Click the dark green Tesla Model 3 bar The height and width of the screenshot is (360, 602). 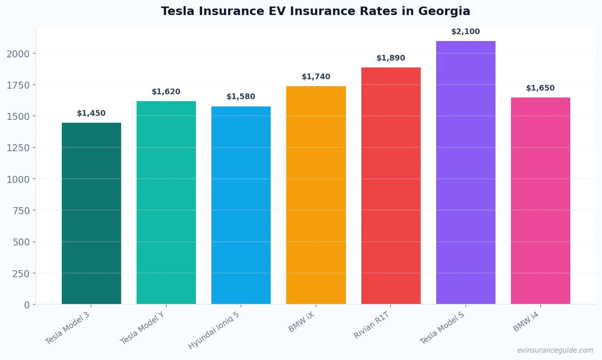click(91, 213)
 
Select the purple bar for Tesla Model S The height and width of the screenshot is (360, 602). click(465, 173)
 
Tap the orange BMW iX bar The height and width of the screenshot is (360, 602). click(316, 195)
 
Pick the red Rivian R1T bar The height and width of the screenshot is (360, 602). click(391, 186)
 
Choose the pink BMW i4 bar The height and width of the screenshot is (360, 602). click(540, 201)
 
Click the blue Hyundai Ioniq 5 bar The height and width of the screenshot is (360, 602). click(241, 205)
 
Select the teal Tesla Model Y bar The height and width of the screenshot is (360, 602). click(166, 202)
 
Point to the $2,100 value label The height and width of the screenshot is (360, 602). click(465, 32)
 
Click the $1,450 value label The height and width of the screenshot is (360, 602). click(91, 113)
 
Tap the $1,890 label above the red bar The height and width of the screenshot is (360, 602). click(391, 58)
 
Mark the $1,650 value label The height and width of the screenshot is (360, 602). click(540, 88)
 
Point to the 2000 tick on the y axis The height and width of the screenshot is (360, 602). click(18, 54)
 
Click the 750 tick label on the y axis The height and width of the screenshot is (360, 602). click(21, 210)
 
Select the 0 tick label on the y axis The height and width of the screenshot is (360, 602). click(27, 305)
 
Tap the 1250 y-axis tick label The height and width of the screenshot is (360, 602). click(18, 148)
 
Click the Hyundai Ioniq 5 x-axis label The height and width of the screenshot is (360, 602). click(214, 330)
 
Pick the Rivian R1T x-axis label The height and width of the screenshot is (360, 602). click(372, 325)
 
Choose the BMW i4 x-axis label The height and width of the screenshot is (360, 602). click(526, 322)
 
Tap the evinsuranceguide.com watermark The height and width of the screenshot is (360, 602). click(555, 350)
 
